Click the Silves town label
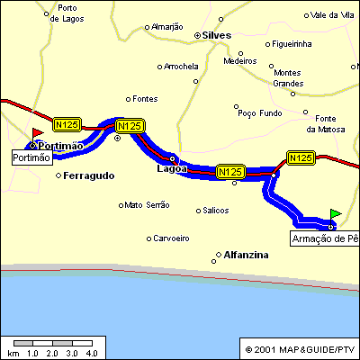pos(218,35)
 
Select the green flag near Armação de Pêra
pos(336,213)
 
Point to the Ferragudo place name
pos(89,175)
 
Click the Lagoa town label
pos(171,168)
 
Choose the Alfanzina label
pos(247,255)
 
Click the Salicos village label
pos(217,210)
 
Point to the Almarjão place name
pos(167,27)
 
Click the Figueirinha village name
pos(298,43)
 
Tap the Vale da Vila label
pos(333,14)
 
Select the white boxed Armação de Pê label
pos(324,238)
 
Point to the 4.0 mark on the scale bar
pos(91,353)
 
